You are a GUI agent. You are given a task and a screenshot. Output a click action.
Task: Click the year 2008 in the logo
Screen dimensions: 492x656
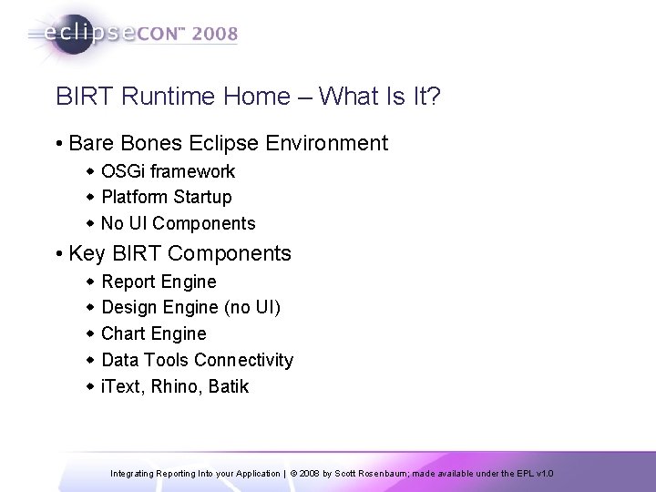tap(212, 36)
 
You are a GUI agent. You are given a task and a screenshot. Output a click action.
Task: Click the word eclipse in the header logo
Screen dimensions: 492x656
tap(87, 36)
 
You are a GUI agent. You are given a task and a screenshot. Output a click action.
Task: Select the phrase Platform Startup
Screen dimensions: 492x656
tap(167, 197)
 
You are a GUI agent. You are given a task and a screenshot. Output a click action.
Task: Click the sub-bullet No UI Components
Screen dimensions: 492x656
tap(178, 223)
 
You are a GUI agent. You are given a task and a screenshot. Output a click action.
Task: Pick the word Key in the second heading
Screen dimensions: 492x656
tap(87, 253)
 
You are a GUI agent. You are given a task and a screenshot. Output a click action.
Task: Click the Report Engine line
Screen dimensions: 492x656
tap(159, 282)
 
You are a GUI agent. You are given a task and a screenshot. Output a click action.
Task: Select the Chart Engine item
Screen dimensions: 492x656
tap(154, 333)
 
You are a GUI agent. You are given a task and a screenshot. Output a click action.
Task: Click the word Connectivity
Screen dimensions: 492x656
tap(244, 360)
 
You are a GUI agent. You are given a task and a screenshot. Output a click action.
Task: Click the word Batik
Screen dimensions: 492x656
tap(228, 386)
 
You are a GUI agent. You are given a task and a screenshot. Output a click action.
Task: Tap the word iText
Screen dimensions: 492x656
tap(121, 386)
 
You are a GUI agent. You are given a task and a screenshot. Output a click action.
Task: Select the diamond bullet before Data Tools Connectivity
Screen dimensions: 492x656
tap(90, 360)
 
